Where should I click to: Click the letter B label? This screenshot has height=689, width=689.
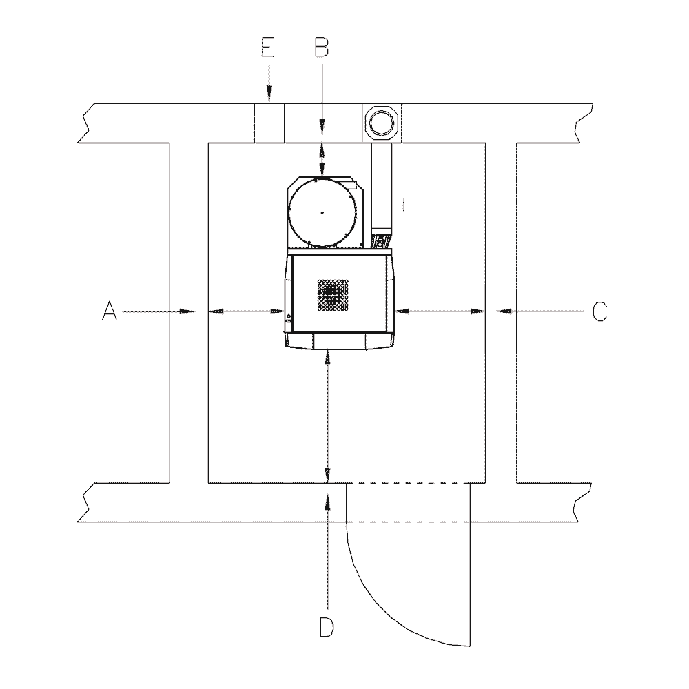point(322,47)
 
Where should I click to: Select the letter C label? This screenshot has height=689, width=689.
point(599,311)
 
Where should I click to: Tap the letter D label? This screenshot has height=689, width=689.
point(327,628)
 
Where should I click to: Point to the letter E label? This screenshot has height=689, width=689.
point(269,47)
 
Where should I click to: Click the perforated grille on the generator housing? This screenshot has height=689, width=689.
point(333,295)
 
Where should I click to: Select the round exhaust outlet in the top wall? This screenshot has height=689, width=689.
point(381,123)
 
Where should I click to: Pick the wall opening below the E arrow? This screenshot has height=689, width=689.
point(269,123)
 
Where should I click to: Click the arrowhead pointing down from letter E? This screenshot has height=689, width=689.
point(269,97)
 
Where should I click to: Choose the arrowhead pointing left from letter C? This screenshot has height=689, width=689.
point(505,311)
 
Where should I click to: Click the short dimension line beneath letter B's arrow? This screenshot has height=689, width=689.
point(322,159)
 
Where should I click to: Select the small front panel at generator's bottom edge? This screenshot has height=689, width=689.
point(338,340)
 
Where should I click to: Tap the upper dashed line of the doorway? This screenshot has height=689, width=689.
point(407,483)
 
